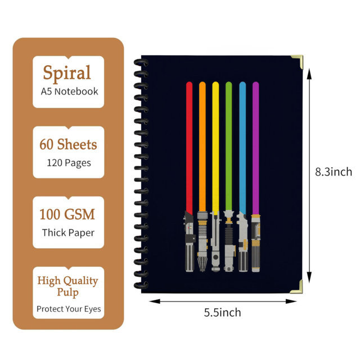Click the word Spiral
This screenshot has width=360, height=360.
coord(67,73)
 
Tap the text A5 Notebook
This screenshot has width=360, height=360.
coord(69,91)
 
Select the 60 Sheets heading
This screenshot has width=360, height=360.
coord(68,144)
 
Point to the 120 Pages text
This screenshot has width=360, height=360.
coord(69,163)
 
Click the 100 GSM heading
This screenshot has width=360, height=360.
coord(67,214)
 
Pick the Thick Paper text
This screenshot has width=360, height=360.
coord(68,233)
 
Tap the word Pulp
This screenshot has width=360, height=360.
coord(67,292)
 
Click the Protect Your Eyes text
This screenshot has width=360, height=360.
coord(69,309)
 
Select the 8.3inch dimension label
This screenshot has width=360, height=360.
coord(334,172)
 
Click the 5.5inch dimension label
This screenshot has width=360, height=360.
coord(223,313)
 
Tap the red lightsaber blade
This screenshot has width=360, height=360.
coord(189,148)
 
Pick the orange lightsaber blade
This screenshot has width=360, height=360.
coord(202,146)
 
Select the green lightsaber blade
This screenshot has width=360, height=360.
coord(229,146)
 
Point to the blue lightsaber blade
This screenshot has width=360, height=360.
coord(242,148)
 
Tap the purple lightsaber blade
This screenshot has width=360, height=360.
coord(255,148)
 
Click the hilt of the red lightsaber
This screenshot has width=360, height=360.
coord(190,242)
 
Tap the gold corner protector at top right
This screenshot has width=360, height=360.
coord(298,61)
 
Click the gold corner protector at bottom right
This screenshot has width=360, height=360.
coord(297,287)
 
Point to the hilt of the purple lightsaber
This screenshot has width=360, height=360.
coord(255,244)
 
